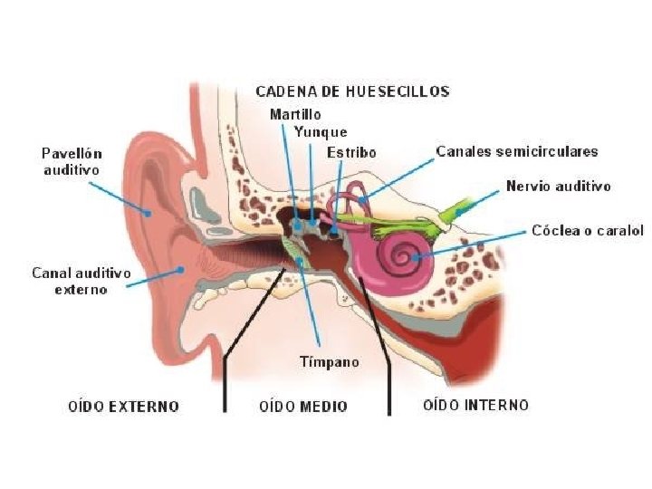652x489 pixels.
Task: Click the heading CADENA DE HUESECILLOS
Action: (352, 91)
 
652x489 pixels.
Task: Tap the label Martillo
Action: (294, 115)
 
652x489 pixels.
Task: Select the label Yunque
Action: (320, 132)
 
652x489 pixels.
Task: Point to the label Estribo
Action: (351, 152)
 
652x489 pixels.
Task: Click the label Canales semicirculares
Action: (516, 151)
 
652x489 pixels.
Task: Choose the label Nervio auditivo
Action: (558, 187)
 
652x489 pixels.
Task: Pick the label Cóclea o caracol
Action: (588, 231)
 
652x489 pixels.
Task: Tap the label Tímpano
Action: (330, 362)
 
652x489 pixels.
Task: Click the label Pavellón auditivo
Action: (72, 161)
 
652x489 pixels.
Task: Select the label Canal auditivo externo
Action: (81, 281)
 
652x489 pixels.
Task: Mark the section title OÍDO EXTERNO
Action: (124, 407)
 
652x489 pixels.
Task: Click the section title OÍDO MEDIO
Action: (302, 407)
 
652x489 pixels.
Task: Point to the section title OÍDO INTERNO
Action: (475, 405)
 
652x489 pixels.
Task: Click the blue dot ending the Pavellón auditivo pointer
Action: (150, 212)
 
